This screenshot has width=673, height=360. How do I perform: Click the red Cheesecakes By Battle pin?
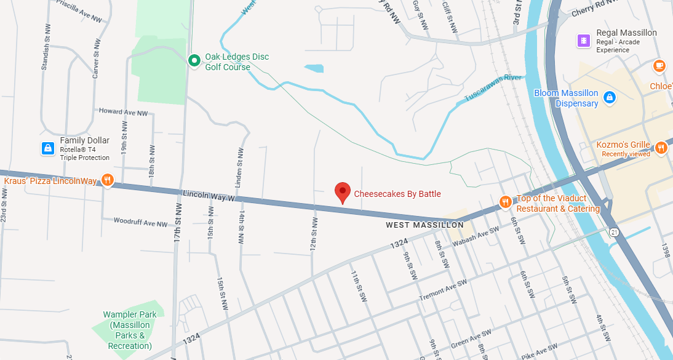(x=343, y=193)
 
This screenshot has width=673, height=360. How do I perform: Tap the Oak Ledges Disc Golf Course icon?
(x=194, y=60)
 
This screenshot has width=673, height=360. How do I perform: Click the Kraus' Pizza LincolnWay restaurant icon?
(x=108, y=180)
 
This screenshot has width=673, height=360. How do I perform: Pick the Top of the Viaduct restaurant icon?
(x=505, y=202)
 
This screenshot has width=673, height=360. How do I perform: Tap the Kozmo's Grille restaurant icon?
(x=661, y=148)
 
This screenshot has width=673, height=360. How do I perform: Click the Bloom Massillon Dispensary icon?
(x=609, y=97)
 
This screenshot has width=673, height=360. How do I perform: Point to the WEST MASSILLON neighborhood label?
(x=424, y=225)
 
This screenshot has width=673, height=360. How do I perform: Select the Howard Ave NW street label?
(x=124, y=113)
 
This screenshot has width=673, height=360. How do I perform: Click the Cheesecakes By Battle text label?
(x=397, y=194)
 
